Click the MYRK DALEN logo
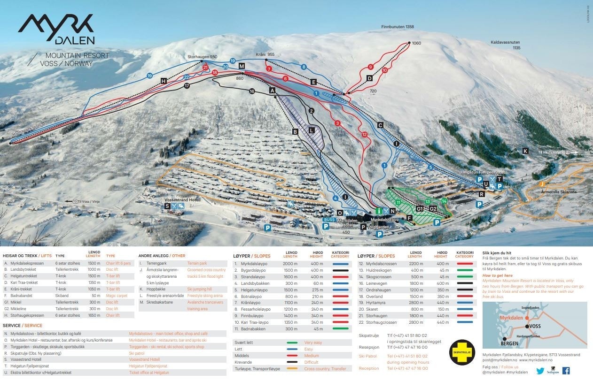(56, 29)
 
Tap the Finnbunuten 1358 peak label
(398, 27)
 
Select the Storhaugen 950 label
(203, 57)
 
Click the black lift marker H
(164, 81)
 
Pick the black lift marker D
(369, 78)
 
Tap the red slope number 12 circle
(364, 135)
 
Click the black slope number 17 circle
(187, 86)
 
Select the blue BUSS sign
(328, 220)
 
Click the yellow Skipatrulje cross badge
(462, 352)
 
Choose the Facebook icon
(566, 371)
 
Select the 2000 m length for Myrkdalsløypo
(290, 264)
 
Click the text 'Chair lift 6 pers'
(118, 263)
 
